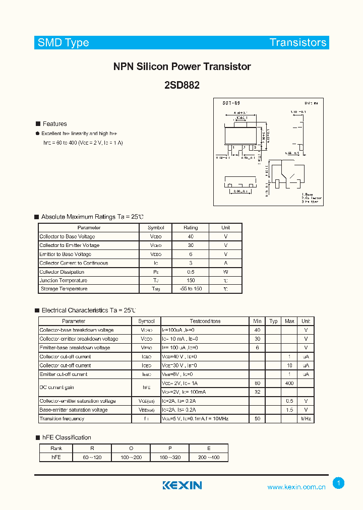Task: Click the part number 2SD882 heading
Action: (x=181, y=85)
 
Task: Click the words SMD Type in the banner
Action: (x=64, y=43)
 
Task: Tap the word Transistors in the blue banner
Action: (x=298, y=43)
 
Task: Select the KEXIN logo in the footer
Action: (x=182, y=485)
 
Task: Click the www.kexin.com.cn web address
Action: (x=296, y=487)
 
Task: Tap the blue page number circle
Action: (x=339, y=483)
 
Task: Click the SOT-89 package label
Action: (x=231, y=103)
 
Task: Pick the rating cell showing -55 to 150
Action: (x=191, y=289)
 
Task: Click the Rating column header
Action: (x=191, y=228)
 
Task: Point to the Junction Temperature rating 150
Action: (x=191, y=280)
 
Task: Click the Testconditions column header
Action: (x=205, y=321)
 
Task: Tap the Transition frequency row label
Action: (x=62, y=419)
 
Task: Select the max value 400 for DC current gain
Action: (x=289, y=384)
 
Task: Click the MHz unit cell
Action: (x=306, y=419)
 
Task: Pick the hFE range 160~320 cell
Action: (x=170, y=457)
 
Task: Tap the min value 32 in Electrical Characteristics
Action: (x=258, y=392)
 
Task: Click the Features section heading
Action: (x=54, y=124)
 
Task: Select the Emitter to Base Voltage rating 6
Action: (x=191, y=254)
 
